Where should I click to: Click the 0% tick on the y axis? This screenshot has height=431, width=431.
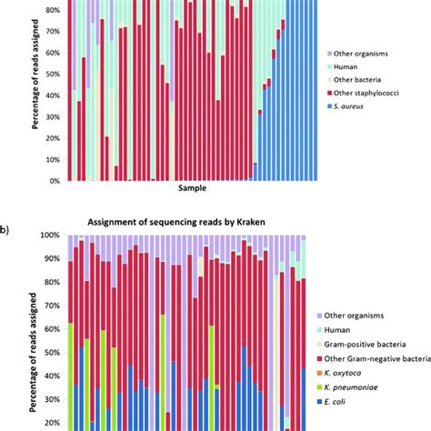click(x=55, y=180)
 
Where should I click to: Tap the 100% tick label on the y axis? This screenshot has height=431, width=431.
click(x=50, y=235)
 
